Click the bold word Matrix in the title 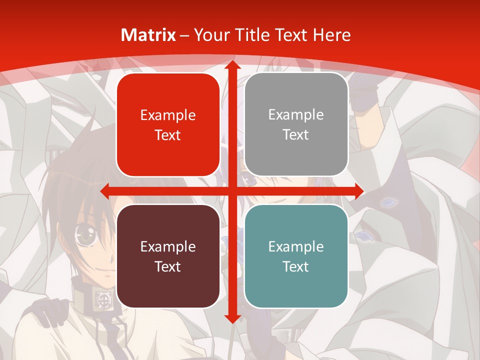coord(148,35)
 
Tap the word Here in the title coord(331,35)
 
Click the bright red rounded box coord(168,125)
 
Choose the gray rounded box coord(296,124)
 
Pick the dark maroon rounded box coord(168,256)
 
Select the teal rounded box coord(296,256)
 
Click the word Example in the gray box coord(296,114)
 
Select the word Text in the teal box coord(296,266)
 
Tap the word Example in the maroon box coord(168,246)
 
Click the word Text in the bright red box coord(168,135)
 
